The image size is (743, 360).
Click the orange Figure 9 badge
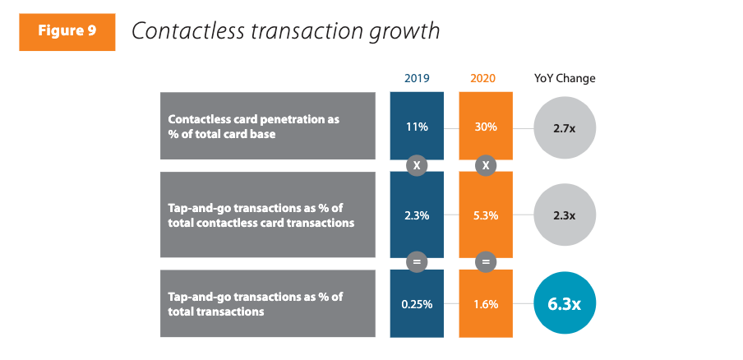(67, 31)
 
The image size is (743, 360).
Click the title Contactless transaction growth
(285, 31)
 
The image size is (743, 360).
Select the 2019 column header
(417, 79)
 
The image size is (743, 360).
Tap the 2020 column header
(485, 79)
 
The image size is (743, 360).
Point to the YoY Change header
(565, 79)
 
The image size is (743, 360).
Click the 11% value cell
(417, 127)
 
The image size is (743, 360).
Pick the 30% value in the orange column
(485, 127)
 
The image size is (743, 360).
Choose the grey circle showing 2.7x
(564, 127)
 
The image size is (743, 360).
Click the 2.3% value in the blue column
(417, 215)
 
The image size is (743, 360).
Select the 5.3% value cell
(485, 215)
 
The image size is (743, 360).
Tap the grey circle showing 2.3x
(564, 215)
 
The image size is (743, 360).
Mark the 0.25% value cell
(417, 303)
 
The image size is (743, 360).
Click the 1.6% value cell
(485, 303)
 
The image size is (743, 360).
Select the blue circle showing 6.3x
(564, 303)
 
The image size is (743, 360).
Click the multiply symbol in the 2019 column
(417, 165)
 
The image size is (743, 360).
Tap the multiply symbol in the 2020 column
(485, 165)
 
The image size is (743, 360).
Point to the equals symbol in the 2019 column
(417, 261)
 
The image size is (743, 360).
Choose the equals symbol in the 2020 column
(485, 261)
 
